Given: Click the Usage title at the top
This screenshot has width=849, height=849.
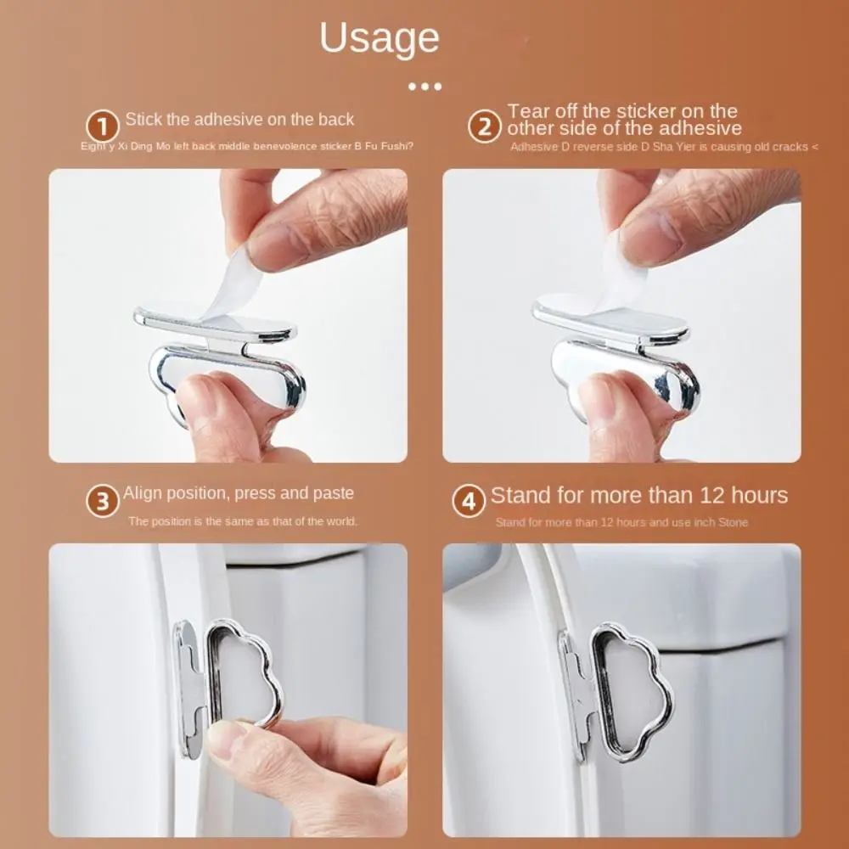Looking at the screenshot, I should [380, 39].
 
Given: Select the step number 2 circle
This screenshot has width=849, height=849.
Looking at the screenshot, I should [484, 128].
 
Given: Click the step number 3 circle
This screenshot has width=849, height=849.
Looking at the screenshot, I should [103, 502].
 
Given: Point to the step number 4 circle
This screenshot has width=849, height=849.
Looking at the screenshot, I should [468, 502].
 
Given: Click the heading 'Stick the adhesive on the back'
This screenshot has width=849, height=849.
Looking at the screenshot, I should [239, 119].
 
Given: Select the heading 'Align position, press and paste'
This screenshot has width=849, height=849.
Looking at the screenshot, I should [239, 493].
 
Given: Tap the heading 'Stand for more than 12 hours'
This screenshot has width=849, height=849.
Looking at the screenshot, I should [638, 496].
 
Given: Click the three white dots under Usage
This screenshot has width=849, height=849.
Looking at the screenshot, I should [424, 86].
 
